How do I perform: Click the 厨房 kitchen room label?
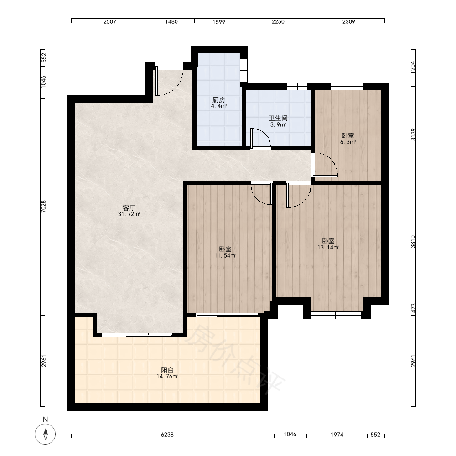[x=219, y=100]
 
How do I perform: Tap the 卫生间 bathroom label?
[x=278, y=119]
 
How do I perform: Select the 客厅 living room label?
[x=129, y=208]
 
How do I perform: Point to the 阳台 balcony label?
[x=167, y=370]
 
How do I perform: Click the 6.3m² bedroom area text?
[x=348, y=142]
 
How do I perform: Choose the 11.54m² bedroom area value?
[x=225, y=256]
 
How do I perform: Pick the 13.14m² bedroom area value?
[x=328, y=248]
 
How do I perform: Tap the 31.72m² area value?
[x=129, y=214]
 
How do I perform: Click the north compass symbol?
[x=45, y=434]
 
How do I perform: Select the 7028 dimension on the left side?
[x=44, y=207]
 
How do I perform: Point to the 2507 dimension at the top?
[x=110, y=21]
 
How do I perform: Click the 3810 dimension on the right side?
[x=413, y=241]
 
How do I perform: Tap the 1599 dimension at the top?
[x=219, y=21]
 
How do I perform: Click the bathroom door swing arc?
[x=261, y=138]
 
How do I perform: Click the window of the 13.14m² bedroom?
[x=336, y=315]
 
